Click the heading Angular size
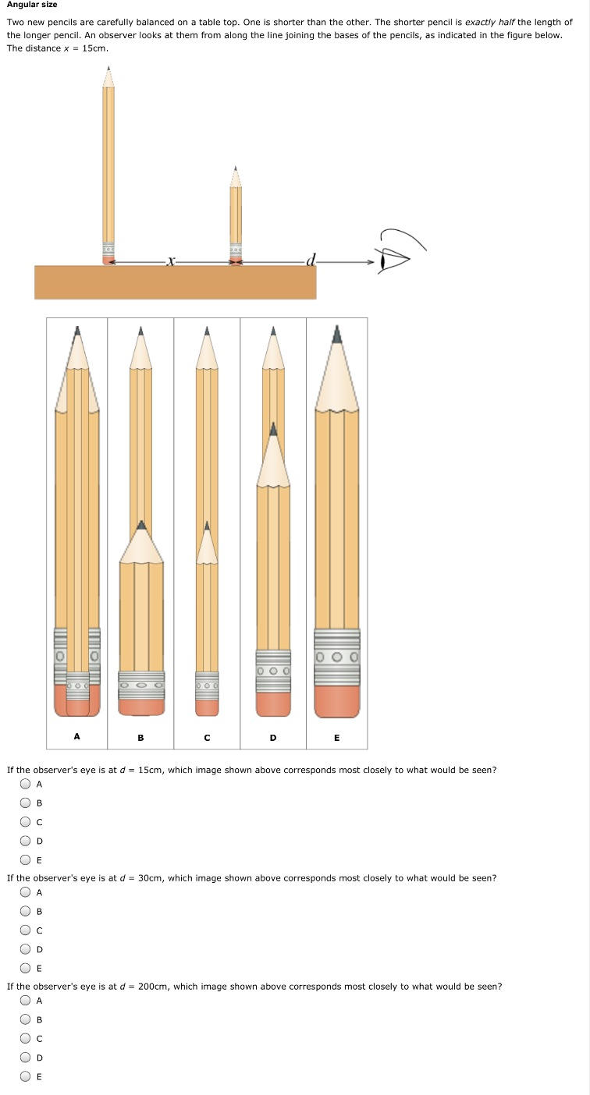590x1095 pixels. (x=32, y=5)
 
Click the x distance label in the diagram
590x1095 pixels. (x=169, y=260)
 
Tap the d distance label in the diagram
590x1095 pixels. (x=311, y=260)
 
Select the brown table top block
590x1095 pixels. (x=175, y=282)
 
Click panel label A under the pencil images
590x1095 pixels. (x=76, y=736)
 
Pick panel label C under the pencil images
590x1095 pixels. (x=207, y=737)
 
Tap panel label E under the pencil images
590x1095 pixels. (x=336, y=737)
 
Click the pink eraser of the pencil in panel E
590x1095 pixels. (x=336, y=701)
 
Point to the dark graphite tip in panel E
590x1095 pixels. (x=336, y=335)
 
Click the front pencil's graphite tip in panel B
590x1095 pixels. (x=141, y=525)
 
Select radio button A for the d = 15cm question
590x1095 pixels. (x=27, y=784)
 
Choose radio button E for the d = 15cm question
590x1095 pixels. (x=27, y=860)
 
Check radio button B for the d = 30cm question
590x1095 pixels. (x=27, y=911)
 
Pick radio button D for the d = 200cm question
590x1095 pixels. (x=27, y=1058)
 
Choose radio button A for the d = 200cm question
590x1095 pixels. (x=27, y=1001)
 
